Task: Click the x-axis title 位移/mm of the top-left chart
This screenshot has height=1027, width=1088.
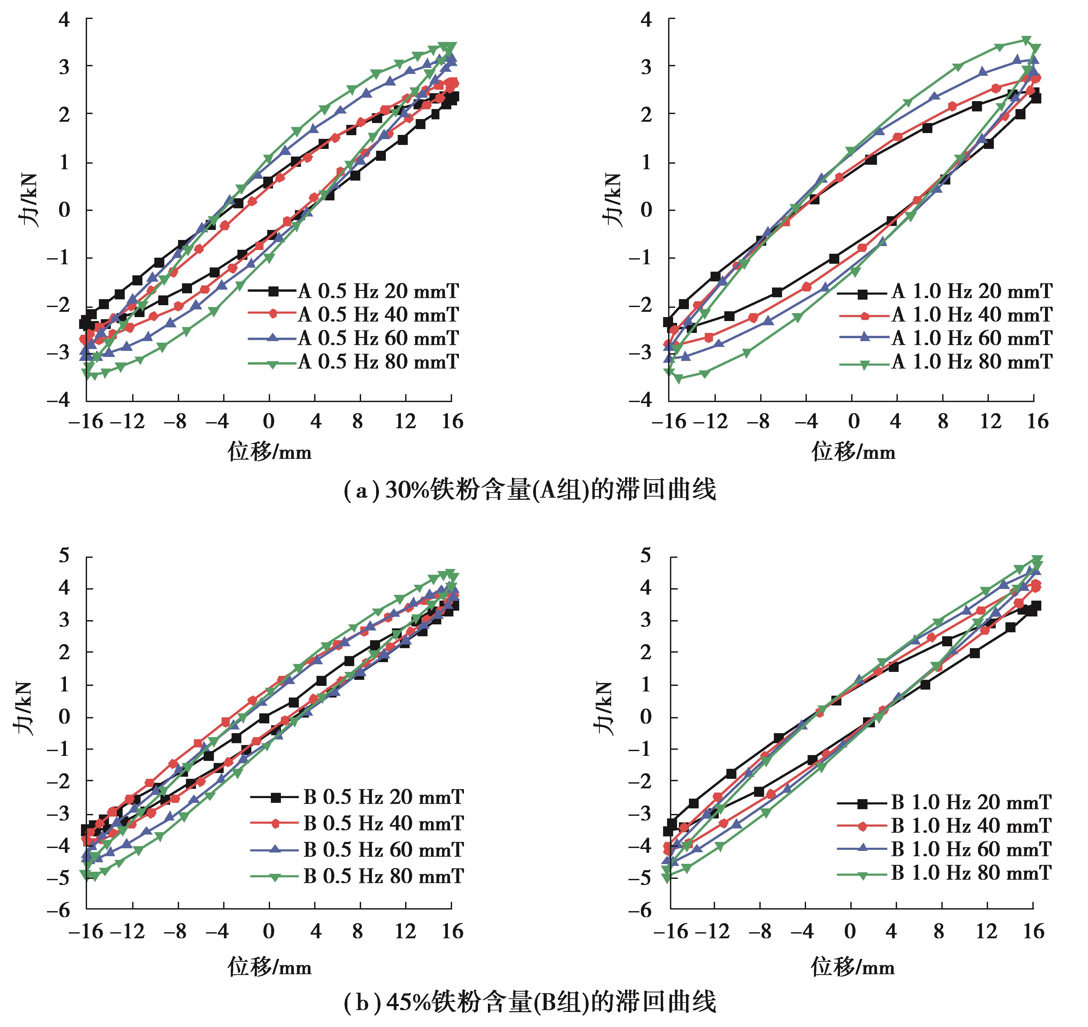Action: point(270,453)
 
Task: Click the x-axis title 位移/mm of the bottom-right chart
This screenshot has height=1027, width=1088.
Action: point(853,967)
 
